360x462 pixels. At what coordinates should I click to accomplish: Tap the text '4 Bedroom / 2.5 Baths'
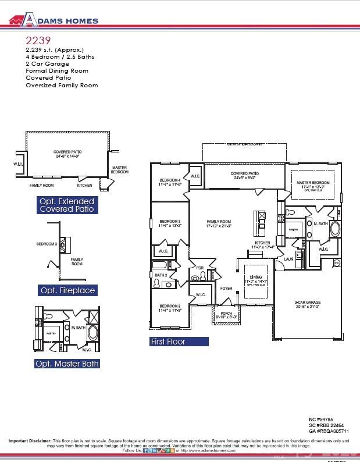coord(59,57)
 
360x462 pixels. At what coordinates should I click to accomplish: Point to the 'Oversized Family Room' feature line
coord(62,85)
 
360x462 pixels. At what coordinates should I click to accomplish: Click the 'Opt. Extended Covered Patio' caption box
coord(66,205)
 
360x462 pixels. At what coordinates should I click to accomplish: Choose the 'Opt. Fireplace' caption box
coord(67,290)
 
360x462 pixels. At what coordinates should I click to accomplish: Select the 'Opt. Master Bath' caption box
coord(67,364)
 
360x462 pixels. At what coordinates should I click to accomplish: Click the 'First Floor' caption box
coord(179,342)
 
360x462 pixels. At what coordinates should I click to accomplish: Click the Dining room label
coord(256,280)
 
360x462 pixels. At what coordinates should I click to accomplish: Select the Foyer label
coord(226,288)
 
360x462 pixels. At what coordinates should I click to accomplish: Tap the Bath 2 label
coord(161,275)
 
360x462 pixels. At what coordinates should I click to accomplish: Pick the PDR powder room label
coord(199,268)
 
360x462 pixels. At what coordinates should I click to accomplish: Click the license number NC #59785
coord(320,419)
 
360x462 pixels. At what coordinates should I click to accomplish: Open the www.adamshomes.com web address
coord(208,450)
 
